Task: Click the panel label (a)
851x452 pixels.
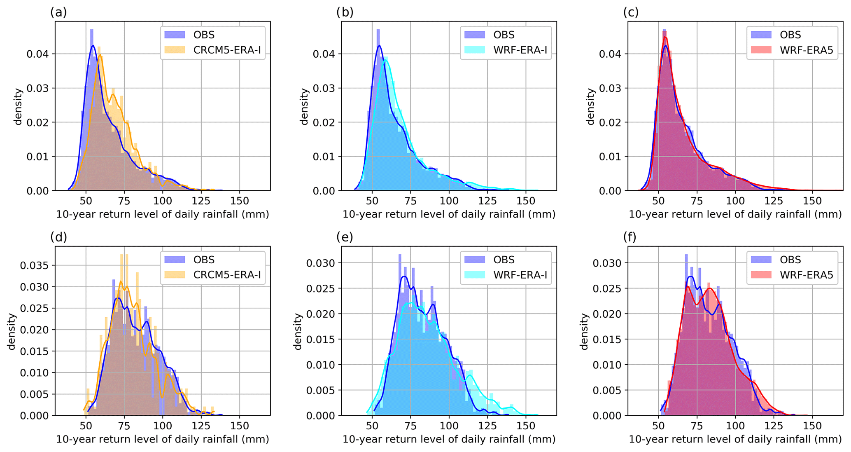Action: pyautogui.click(x=58, y=12)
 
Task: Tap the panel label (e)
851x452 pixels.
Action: pyautogui.click(x=345, y=237)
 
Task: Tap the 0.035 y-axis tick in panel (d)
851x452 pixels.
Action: pyautogui.click(x=34, y=265)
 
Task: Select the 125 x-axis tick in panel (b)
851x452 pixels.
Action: pyautogui.click(x=487, y=201)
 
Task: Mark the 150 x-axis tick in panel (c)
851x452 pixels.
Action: pyautogui.click(x=812, y=201)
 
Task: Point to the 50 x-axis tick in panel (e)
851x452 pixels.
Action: pyautogui.click(x=372, y=426)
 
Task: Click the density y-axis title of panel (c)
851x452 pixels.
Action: pyautogui.click(x=590, y=106)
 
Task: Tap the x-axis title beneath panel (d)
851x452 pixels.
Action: pyautogui.click(x=162, y=439)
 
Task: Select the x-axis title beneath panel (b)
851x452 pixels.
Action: pyautogui.click(x=449, y=214)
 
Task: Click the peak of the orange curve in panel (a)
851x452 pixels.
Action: pyautogui.click(x=100, y=55)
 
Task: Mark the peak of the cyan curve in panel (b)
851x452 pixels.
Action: pyautogui.click(x=386, y=60)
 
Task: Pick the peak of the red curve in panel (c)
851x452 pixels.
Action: pyautogui.click(x=665, y=37)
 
